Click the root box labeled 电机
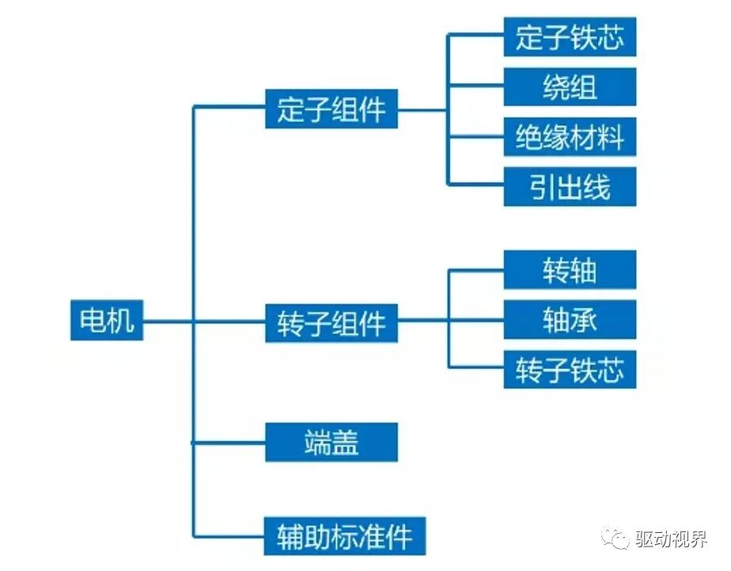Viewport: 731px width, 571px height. (x=107, y=321)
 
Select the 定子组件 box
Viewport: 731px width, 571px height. (x=331, y=108)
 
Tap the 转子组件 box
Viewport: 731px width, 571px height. (x=331, y=323)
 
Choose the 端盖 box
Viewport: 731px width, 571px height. (x=331, y=442)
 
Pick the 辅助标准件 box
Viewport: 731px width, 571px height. (x=345, y=536)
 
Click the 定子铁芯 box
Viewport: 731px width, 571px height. (x=570, y=36)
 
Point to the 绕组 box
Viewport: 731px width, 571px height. (x=570, y=87)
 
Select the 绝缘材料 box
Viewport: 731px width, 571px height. (x=570, y=137)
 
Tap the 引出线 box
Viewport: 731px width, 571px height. (x=570, y=187)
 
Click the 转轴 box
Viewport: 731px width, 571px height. (x=570, y=270)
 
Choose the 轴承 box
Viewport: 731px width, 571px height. (x=570, y=320)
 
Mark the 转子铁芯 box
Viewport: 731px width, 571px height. (x=570, y=369)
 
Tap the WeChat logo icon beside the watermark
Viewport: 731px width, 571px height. (x=615, y=539)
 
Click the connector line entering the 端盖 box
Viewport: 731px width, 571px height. (x=229, y=442)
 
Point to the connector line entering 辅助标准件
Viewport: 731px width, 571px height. (x=229, y=537)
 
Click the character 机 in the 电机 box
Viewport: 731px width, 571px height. (x=121, y=321)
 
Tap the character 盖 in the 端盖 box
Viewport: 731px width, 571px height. (x=345, y=442)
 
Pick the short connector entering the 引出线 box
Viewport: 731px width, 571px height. (x=476, y=185)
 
